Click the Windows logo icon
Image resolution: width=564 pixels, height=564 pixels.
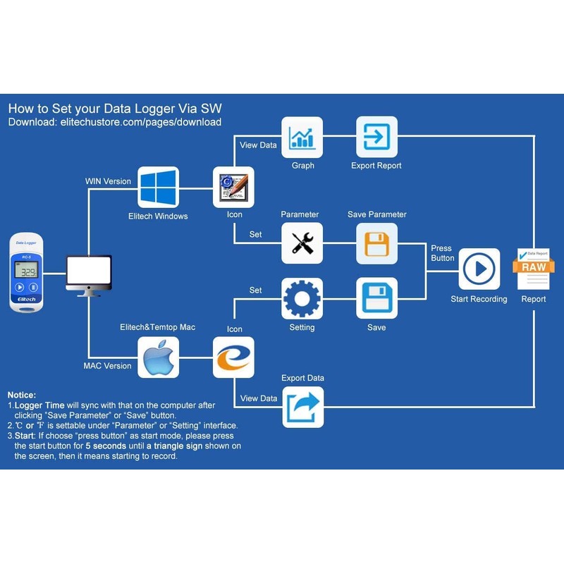pos(158,187)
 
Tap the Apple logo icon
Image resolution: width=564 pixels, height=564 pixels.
pos(158,357)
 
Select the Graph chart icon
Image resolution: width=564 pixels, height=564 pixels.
pos(302,137)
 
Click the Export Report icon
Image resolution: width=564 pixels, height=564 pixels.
pos(376,137)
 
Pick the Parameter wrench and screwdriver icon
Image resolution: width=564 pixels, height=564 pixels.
pos(302,243)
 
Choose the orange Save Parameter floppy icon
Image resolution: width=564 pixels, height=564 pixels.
pos(376,243)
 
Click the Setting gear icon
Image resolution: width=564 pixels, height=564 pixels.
pos(302,298)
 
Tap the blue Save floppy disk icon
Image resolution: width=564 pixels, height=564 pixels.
pos(376,298)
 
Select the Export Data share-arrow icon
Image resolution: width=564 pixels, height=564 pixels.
pos(302,407)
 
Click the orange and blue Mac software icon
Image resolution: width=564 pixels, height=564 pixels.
pos(233,357)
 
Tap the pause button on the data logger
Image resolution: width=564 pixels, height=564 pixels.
pos(34,288)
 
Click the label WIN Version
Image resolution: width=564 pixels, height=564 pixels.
pos(108,181)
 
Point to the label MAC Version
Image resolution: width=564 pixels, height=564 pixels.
pos(107,366)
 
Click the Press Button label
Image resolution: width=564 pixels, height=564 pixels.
pos(442,253)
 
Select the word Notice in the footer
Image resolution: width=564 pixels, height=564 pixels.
pos(22,395)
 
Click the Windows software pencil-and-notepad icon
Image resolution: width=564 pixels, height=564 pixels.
pos(233,187)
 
